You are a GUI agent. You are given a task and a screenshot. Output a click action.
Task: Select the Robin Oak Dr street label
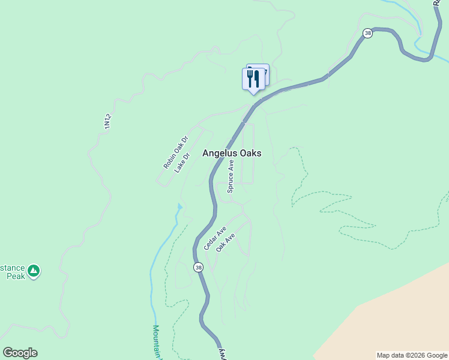[x=175, y=152]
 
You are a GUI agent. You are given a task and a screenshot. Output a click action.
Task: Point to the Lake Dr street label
[x=182, y=163]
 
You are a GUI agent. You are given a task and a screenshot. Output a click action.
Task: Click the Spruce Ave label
[x=230, y=176]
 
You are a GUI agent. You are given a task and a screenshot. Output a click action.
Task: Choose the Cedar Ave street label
[x=214, y=238]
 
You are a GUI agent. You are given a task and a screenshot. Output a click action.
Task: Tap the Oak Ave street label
[x=226, y=242]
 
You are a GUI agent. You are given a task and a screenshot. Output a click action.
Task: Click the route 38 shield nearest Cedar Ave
[x=199, y=266]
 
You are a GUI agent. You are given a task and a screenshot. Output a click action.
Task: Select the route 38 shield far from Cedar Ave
[x=367, y=34]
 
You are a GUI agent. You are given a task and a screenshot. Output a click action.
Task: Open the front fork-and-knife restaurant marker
[x=253, y=79]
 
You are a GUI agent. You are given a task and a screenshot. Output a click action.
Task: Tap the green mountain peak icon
[x=34, y=271]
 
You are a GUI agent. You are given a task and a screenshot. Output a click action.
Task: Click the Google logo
[x=20, y=353]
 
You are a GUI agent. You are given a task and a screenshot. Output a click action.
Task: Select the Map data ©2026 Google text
[x=412, y=355]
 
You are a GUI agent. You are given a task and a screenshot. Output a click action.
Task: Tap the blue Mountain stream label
[x=156, y=342]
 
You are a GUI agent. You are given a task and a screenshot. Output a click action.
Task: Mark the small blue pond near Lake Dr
[x=179, y=208]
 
